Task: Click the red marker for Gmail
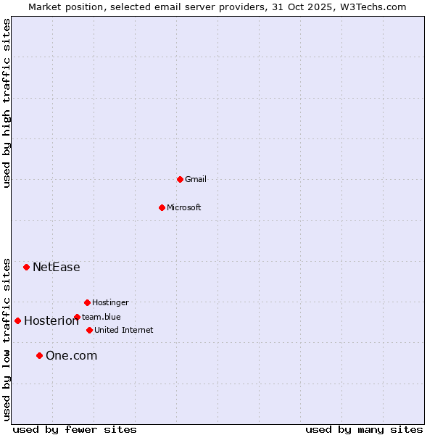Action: coord(180,179)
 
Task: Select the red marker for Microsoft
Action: coord(162,207)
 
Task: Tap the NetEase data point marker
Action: coord(26,267)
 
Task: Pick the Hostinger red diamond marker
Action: coord(87,302)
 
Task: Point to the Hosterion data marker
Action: coord(17,320)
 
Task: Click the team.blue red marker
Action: coord(77,317)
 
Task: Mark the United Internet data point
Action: coord(89,330)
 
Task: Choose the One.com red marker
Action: coord(39,355)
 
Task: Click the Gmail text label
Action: coord(196,179)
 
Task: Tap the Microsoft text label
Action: coord(184,207)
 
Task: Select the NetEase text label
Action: coord(57,267)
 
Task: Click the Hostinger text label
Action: coord(110,302)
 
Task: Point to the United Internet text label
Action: coord(124,330)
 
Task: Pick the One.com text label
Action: coord(71,355)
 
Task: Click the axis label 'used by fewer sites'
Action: coord(75,429)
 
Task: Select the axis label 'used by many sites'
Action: coord(364,429)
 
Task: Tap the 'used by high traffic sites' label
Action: coord(7,103)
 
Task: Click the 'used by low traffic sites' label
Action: coord(7,339)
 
